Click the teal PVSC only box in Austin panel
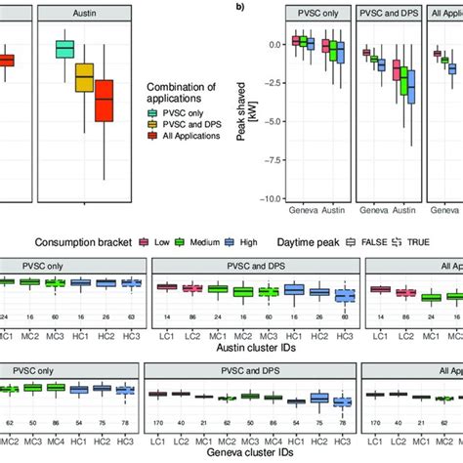65,49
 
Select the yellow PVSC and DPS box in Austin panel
84,77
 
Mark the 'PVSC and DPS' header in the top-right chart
387,15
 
